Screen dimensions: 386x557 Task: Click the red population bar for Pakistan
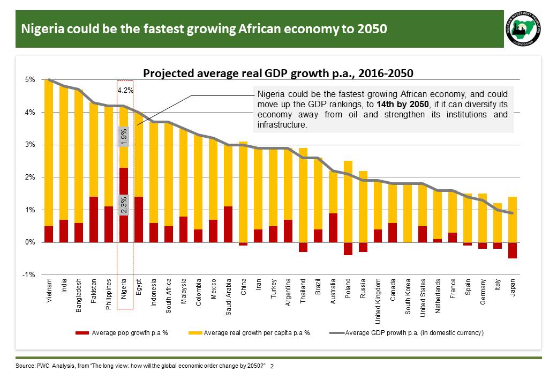(94, 219)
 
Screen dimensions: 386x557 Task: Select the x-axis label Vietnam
(49, 289)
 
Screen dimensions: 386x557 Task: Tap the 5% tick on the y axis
(31, 80)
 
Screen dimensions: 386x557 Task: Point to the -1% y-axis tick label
(29, 274)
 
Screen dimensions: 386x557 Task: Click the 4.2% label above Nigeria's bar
(125, 90)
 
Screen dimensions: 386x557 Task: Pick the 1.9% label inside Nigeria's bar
(124, 137)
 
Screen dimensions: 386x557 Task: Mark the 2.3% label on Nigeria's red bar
(124, 205)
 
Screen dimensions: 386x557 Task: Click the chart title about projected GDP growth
(278, 73)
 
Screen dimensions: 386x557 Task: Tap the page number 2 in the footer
(272, 366)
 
